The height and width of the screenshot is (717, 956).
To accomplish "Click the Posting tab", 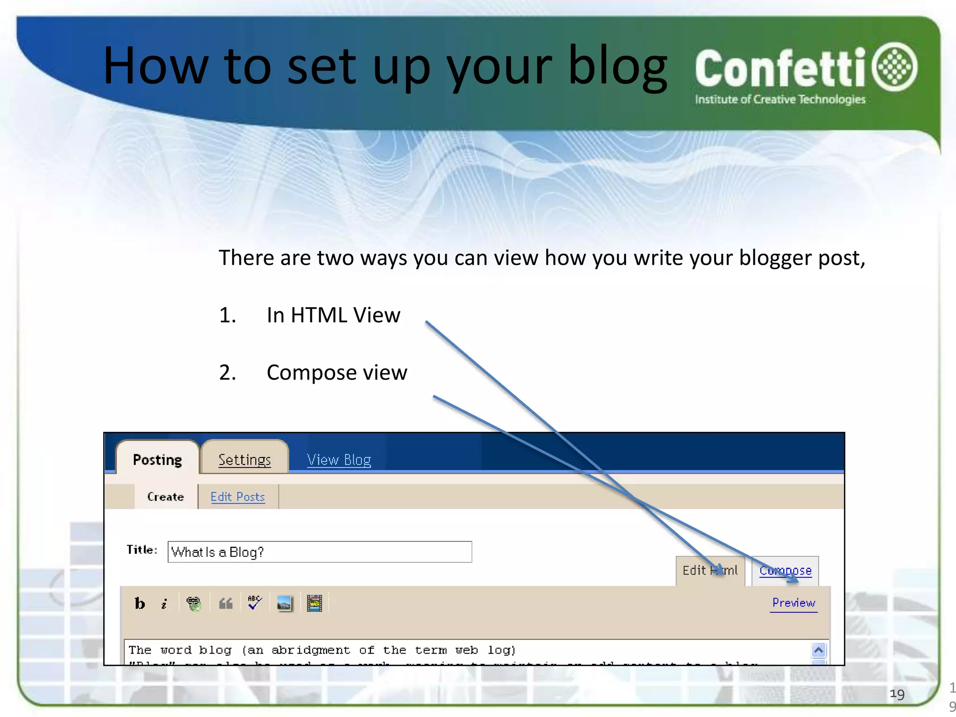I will pos(157,460).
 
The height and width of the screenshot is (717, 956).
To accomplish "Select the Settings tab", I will pos(245,460).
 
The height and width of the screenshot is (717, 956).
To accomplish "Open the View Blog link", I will pos(339,460).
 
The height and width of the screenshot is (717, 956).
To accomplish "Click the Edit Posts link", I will pos(238,497).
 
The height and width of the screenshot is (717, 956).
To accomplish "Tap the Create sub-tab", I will pos(165,497).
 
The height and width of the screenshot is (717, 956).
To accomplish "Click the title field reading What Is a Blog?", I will pos(320,552).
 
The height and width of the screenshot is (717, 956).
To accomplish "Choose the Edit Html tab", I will pos(710,570).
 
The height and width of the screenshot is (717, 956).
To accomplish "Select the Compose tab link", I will pos(785,570).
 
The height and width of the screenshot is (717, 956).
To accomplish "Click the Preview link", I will pos(794,603).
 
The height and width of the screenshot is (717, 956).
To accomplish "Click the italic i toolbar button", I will pos(164,604).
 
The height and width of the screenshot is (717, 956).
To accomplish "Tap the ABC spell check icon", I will pos(254,603).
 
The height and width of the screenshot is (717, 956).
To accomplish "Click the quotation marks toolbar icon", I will pos(226,604).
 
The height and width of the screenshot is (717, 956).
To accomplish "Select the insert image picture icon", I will pos(284,603).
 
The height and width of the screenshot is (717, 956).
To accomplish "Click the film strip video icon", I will pos(315,603).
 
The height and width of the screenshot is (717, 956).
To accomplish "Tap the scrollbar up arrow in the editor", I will pos(819,650).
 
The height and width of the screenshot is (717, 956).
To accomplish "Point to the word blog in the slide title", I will pos(617,66).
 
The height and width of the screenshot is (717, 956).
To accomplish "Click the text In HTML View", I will pos(333,315).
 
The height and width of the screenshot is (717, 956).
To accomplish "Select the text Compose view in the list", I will pos(337,373).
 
